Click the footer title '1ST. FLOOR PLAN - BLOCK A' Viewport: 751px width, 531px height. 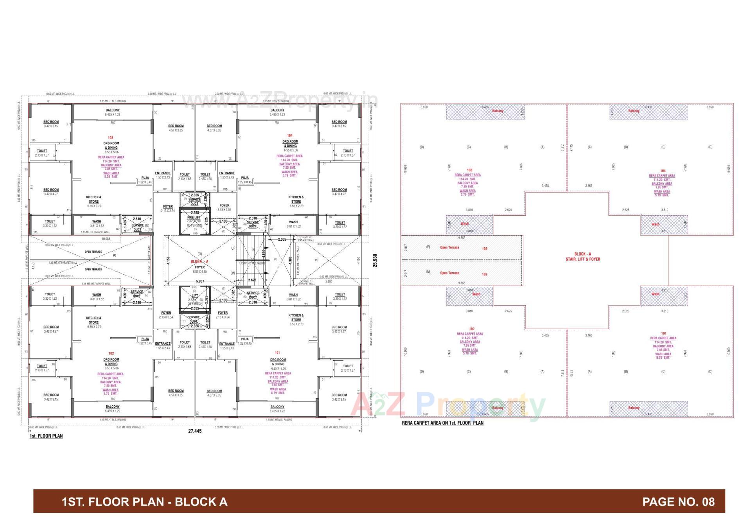(144, 502)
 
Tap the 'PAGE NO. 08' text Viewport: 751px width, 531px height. (678, 502)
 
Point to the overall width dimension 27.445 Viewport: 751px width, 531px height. (195, 431)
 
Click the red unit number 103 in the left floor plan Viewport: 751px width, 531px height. (111, 138)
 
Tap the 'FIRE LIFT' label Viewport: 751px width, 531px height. (194, 217)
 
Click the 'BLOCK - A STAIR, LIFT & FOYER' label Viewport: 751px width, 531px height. (582, 257)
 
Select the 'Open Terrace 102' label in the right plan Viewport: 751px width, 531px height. (462, 274)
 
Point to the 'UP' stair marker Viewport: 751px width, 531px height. (233, 248)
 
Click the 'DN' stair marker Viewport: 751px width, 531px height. (233, 273)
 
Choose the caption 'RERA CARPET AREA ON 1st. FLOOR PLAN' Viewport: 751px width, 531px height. (442, 423)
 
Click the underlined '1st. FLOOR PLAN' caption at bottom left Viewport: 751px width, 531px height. (46, 436)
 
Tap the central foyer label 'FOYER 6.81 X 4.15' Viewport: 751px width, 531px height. (199, 269)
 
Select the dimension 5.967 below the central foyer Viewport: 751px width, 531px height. (200, 281)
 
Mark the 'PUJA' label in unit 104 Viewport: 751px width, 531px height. (245, 178)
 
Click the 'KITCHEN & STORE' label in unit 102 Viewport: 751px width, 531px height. (93, 320)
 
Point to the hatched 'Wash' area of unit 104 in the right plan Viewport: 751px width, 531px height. (664, 225)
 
